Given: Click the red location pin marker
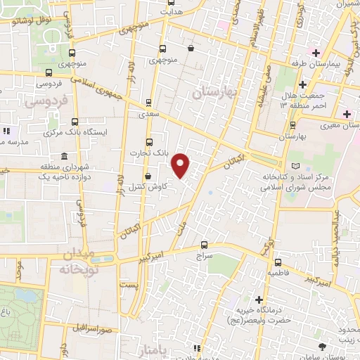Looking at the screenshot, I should coord(181,166).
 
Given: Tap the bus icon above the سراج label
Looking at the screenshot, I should coord(204,245).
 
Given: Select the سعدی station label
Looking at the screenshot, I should coord(148,113).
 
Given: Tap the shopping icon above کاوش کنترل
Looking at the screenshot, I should coord(148,176).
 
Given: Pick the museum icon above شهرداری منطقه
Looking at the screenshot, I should coord(64,156).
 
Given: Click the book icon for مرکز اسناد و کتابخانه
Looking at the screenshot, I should coord(295,166).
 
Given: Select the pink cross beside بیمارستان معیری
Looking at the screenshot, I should coord(346,114).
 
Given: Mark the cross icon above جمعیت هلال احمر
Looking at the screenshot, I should coord(301,84).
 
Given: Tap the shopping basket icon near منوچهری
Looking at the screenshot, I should coord(191,49).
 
